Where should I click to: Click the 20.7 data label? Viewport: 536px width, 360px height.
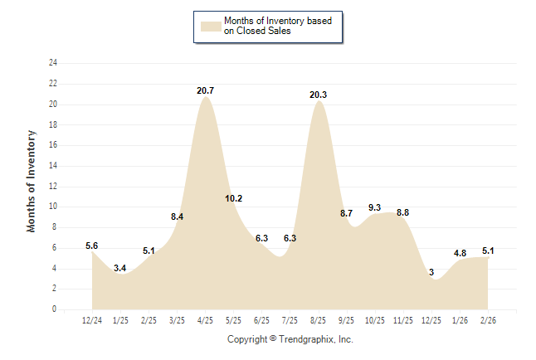click(206, 90)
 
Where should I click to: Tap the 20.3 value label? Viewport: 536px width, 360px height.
click(318, 95)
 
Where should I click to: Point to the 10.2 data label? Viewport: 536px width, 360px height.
click(234, 198)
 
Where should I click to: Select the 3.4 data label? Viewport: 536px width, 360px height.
click(120, 267)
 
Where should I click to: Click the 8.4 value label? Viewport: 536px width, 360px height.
click(177, 216)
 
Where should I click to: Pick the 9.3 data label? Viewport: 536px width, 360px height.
click(374, 207)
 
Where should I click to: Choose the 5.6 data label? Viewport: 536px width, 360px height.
click(92, 246)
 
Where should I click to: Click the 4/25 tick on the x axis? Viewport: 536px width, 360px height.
click(205, 319)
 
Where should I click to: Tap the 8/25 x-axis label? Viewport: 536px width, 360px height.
click(318, 319)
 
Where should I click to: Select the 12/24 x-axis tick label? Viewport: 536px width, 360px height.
click(92, 319)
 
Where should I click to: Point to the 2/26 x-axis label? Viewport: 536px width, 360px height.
click(487, 319)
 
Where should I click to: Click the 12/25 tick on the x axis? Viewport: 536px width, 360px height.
click(431, 319)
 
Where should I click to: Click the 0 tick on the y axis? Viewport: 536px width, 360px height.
click(55, 309)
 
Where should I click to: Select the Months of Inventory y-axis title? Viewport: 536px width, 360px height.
click(32, 180)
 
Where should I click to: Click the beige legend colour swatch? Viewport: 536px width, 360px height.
click(211, 26)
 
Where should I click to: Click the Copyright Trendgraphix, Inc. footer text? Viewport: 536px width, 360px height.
click(290, 339)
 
